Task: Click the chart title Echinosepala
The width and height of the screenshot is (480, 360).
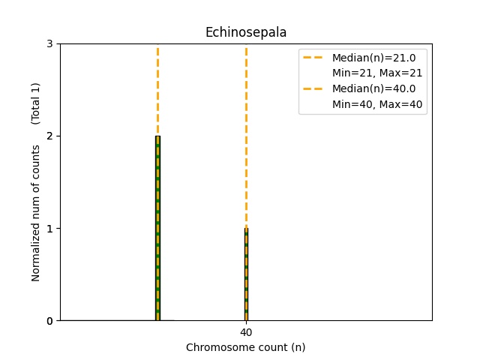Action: click(245, 32)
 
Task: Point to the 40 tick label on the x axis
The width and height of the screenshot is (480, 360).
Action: click(246, 332)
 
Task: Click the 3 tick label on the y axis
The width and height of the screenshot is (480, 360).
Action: click(49, 43)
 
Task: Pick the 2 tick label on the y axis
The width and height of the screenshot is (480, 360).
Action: click(49, 136)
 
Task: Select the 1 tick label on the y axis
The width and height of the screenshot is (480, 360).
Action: click(49, 228)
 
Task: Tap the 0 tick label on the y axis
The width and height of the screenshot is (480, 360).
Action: click(49, 320)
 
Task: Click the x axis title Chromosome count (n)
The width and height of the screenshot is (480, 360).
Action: click(245, 347)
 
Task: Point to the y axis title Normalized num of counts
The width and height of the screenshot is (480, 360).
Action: click(36, 213)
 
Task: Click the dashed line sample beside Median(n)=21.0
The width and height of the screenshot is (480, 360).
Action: click(314, 57)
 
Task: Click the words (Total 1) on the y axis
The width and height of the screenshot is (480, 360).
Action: click(36, 103)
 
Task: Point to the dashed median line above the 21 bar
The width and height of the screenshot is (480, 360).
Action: click(157, 90)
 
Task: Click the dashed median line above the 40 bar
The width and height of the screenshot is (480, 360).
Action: click(246, 135)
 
